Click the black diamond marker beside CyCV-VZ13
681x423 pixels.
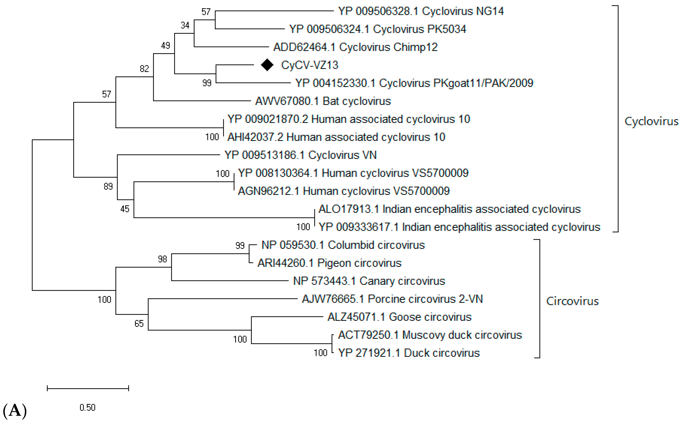tap(267, 65)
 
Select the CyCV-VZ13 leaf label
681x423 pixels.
tap(310, 65)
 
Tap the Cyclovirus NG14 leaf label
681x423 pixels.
tap(421, 11)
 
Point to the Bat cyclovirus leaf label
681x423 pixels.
tap(323, 101)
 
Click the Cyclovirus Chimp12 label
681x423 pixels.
tap(355, 47)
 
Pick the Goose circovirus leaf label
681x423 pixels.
tap(399, 317)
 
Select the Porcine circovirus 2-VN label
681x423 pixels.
tap(392, 299)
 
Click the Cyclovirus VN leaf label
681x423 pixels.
tap(300, 155)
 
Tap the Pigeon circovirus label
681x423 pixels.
tap(329, 263)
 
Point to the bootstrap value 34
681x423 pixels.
tap(185, 25)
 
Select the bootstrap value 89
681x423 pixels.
tap(108, 186)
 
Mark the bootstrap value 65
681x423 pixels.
tap(139, 324)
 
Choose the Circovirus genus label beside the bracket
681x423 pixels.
tap(572, 301)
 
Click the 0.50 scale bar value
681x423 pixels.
tap(88, 408)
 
